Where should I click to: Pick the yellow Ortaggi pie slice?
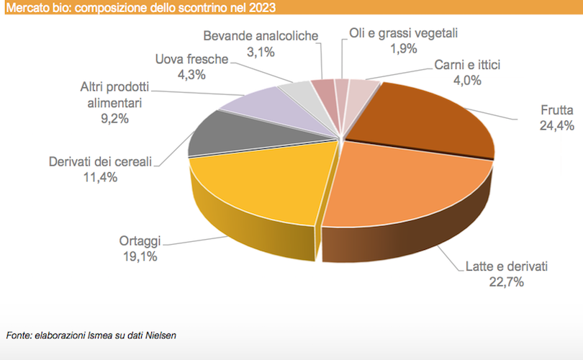click(252, 180)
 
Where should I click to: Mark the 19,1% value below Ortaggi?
click(140, 256)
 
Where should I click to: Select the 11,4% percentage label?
click(100, 176)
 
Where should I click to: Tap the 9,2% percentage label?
click(114, 118)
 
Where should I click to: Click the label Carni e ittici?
click(467, 65)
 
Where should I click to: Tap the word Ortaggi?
click(140, 241)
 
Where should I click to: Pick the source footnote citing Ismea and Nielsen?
click(91, 335)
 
